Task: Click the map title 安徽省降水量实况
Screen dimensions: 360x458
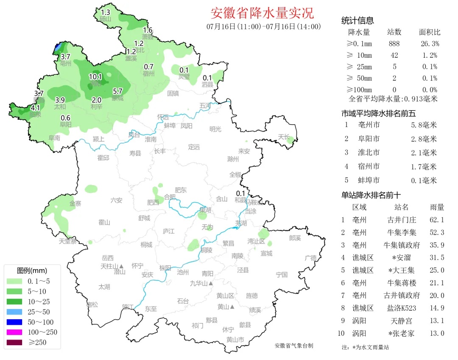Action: [x=262, y=13]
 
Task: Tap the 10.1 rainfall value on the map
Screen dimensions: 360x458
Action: [x=95, y=77]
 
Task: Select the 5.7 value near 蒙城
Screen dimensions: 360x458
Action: [x=117, y=91]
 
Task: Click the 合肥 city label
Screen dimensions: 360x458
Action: [x=169, y=197]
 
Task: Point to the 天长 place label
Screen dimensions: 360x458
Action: [x=284, y=137]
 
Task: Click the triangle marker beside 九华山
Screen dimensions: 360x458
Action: [x=210, y=283]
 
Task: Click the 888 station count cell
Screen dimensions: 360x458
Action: [x=394, y=44]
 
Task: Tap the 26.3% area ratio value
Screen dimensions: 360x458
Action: [x=429, y=44]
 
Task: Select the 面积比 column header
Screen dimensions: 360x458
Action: [x=429, y=32]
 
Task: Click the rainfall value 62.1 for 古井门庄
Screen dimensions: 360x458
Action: [x=436, y=220]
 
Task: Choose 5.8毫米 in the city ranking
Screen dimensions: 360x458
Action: [x=423, y=125]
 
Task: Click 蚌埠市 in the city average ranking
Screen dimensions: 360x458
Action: [x=368, y=180]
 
